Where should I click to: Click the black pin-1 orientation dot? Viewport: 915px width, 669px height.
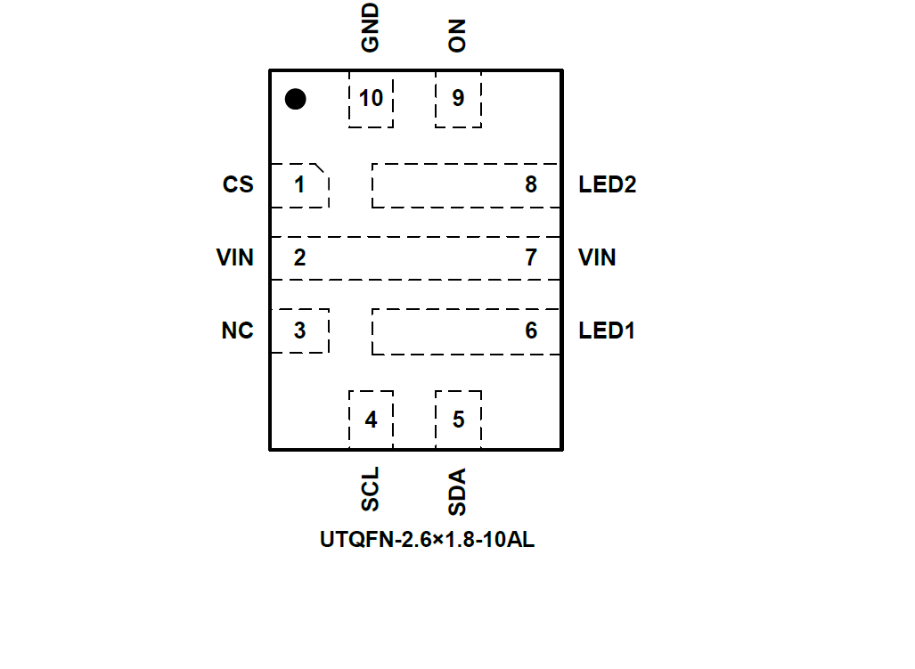(x=295, y=99)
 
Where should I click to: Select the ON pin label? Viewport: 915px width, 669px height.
(x=458, y=37)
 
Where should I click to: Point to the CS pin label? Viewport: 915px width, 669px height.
(x=238, y=185)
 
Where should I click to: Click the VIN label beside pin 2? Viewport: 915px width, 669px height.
(x=235, y=258)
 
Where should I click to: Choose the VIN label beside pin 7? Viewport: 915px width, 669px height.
(x=597, y=258)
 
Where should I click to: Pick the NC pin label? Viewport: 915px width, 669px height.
(x=238, y=331)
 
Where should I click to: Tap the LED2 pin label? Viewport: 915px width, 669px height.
(x=608, y=185)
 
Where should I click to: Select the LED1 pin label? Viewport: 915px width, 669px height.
(x=607, y=331)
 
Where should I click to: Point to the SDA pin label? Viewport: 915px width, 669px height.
(x=458, y=493)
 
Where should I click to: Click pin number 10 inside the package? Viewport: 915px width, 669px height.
(x=371, y=98)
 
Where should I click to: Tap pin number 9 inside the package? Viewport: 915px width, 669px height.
(x=458, y=98)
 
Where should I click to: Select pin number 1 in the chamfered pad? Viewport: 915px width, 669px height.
(x=299, y=185)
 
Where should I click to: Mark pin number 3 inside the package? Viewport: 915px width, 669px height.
(x=299, y=330)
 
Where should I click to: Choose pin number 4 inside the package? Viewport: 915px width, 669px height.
(x=371, y=420)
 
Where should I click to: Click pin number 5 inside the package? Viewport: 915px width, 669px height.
(x=458, y=420)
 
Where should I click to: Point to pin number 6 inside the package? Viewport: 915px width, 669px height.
(x=531, y=331)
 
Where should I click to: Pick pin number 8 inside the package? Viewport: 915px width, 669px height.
(x=531, y=185)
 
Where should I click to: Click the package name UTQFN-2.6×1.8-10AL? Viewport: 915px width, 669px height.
(x=428, y=540)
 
